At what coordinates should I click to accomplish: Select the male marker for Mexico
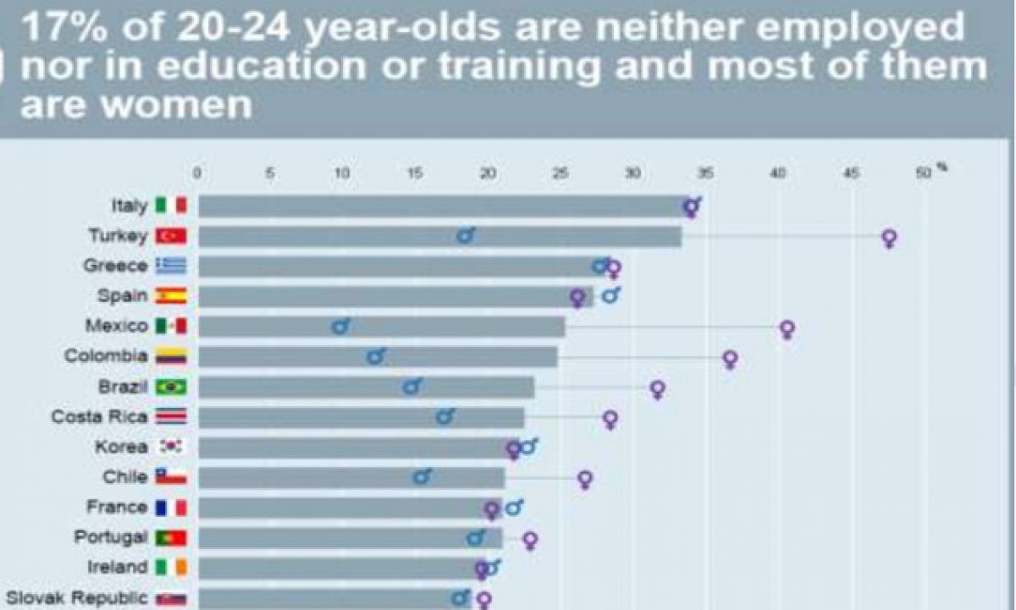(340, 327)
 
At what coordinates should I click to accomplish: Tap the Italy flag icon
(171, 206)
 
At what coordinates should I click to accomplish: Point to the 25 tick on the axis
(560, 173)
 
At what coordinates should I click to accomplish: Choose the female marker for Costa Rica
(610, 419)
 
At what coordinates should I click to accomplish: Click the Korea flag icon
(171, 447)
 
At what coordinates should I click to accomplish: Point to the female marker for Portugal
(530, 540)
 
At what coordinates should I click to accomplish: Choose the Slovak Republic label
(75, 598)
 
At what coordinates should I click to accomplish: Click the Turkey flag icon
(171, 236)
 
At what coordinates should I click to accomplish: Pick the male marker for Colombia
(376, 357)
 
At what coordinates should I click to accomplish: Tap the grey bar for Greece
(398, 267)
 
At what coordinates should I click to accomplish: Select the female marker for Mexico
(787, 328)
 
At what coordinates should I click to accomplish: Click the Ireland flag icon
(171, 567)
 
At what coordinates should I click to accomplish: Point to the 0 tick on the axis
(197, 173)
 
